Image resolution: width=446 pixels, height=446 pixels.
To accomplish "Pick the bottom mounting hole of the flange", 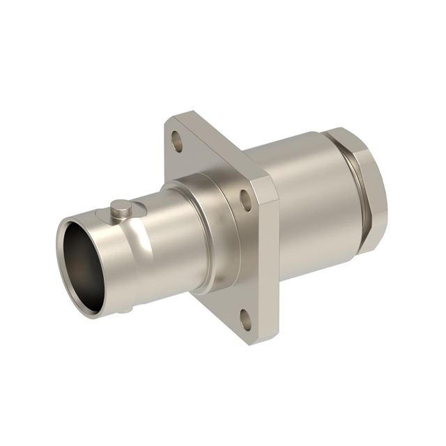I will point(246,320).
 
